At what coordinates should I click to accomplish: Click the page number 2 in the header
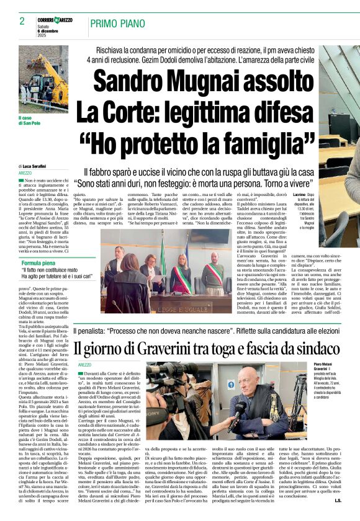[x=22, y=21]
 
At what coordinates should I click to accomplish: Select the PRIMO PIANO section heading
[x=118, y=24]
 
